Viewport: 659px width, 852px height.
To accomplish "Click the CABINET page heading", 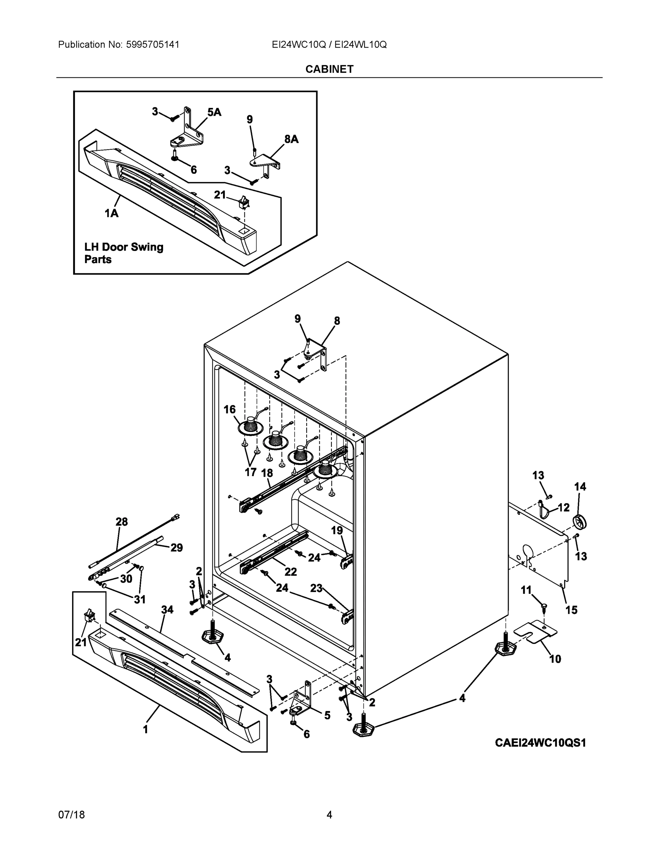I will (329, 69).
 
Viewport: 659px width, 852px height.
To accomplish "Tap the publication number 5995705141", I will (152, 44).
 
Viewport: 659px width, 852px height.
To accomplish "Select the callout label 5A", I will (214, 112).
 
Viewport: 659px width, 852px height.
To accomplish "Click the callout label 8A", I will (291, 139).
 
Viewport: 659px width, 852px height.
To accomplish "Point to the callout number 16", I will (229, 409).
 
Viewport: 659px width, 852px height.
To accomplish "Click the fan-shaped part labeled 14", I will (580, 522).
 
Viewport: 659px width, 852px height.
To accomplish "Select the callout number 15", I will (572, 610).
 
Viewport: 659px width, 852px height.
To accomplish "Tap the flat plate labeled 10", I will (535, 632).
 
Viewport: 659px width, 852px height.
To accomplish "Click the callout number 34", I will (167, 609).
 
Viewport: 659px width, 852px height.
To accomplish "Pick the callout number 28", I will (121, 521).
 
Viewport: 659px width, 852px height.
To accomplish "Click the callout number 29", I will (177, 548).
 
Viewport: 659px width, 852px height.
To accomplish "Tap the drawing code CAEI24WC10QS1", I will (540, 743).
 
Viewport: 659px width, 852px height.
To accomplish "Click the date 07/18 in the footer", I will (71, 815).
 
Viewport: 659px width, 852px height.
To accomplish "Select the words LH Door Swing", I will (124, 247).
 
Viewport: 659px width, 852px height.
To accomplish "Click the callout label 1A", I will (111, 213).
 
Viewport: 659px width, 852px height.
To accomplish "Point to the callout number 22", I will (291, 572).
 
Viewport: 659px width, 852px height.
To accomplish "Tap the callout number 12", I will (563, 507).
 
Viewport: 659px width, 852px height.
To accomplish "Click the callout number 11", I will (526, 590).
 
